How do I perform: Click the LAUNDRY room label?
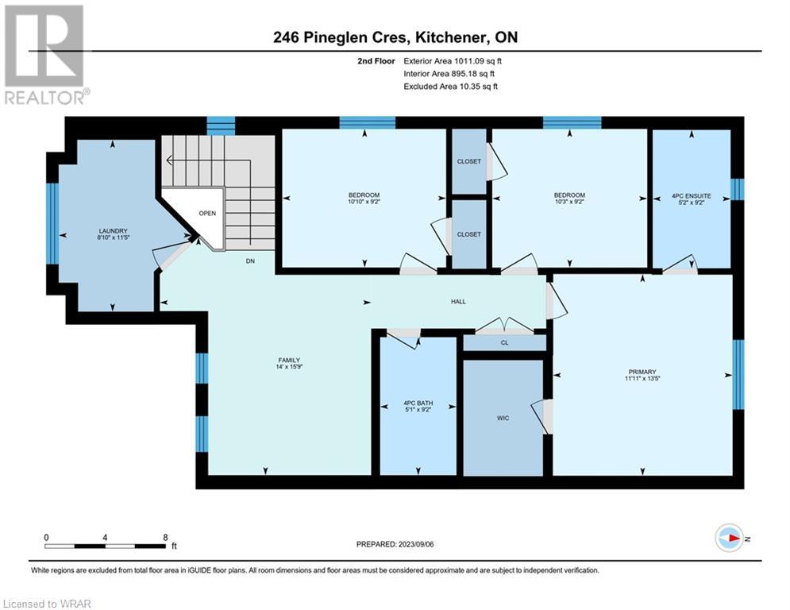(x=113, y=231)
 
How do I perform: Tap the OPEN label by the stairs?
(x=207, y=213)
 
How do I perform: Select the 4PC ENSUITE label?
(x=692, y=195)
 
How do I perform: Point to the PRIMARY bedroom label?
(x=642, y=372)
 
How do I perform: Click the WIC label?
(x=503, y=418)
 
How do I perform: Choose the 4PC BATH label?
(x=418, y=403)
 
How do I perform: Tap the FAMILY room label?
(x=289, y=360)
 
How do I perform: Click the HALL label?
(x=458, y=302)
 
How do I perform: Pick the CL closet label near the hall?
(x=505, y=343)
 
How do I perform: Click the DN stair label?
(x=250, y=261)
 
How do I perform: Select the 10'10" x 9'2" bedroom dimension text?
(x=364, y=202)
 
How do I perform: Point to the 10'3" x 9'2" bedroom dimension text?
(x=570, y=202)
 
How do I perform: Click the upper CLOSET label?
(x=469, y=161)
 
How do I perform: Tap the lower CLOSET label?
(x=469, y=234)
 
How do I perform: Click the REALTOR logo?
(x=45, y=55)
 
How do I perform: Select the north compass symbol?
(x=730, y=538)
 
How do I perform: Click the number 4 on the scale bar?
(x=105, y=538)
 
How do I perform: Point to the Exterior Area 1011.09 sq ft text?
(x=453, y=61)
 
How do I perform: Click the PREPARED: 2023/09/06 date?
(x=395, y=544)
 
